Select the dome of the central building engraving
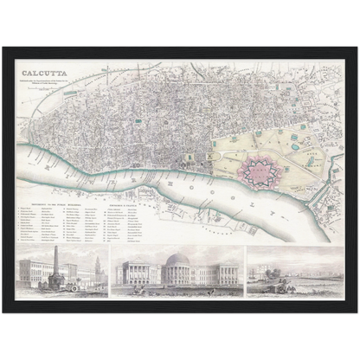[x=179, y=260]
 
